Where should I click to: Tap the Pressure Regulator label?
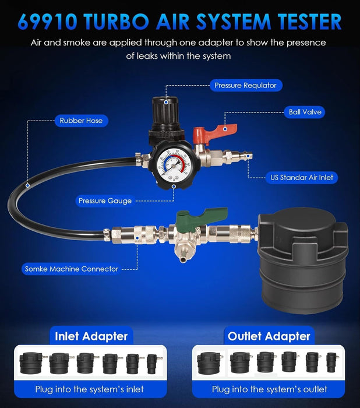pos(245,85)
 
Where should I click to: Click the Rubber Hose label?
pos(81,121)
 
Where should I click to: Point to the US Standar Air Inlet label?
pos(302,177)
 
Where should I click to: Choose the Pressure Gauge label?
pos(105,201)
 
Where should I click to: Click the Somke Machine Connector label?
pos(71,269)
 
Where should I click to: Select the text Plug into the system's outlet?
pos(270,389)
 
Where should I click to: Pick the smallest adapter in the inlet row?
pos(152,364)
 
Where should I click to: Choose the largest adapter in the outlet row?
pos(209,363)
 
